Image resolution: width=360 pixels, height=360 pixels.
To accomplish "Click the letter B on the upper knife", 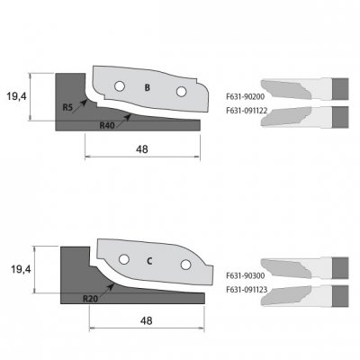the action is click(x=147, y=88).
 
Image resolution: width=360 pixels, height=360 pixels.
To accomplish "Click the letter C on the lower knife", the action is click(x=149, y=261).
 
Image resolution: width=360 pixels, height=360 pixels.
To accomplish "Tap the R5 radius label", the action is click(x=67, y=108).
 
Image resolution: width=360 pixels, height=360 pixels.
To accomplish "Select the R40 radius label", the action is click(x=107, y=125).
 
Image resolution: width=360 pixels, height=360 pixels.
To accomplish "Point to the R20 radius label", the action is click(x=90, y=299).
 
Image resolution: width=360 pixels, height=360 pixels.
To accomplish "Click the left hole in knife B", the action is click(x=120, y=86).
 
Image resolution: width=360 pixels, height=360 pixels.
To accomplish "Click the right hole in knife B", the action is click(x=181, y=92).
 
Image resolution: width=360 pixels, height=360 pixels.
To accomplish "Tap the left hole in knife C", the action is click(x=124, y=259).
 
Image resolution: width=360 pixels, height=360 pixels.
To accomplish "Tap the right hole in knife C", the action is click(x=185, y=265).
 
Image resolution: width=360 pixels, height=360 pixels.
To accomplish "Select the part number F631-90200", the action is click(x=246, y=97).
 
